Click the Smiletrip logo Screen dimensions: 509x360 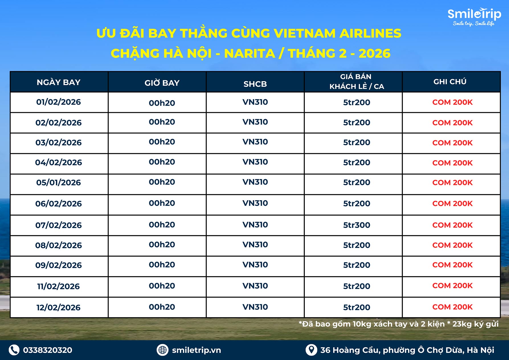tap(474, 17)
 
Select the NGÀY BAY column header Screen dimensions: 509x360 tap(59, 82)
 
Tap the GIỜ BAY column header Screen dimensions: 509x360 tap(162, 83)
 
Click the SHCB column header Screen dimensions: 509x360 tap(255, 84)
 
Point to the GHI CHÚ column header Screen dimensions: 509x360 tap(450, 82)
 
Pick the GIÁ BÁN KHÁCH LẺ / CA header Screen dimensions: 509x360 tap(357, 82)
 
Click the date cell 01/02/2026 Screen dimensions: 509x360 tap(58, 102)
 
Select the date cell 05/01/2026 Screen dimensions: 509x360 tap(58, 182)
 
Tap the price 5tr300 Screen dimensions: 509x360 tap(357, 225)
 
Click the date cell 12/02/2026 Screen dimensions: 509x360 tap(58, 307)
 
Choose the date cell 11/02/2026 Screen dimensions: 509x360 tap(58, 286)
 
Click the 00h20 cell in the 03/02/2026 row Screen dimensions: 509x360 tap(162, 142)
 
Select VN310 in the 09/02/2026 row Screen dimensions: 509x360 tap(255, 265)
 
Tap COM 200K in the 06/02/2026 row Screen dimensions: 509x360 tap(452, 203)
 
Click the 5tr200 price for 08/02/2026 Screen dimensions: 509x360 tap(357, 245)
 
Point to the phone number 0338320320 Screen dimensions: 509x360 tap(48, 350)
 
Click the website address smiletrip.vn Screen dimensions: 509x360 tap(196, 350)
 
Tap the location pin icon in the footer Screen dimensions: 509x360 tap(311, 350)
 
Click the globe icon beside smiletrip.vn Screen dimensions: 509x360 tap(162, 350)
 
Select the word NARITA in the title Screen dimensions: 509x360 tap(250, 53)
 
